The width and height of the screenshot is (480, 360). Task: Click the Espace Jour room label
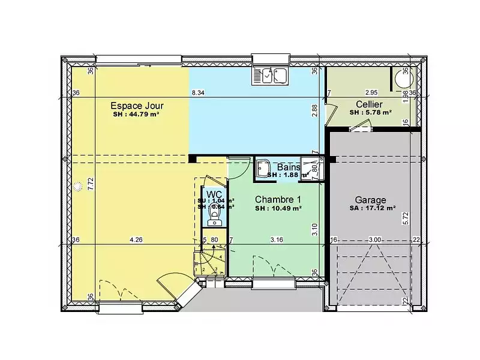click(137, 105)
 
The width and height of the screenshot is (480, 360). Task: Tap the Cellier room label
click(369, 104)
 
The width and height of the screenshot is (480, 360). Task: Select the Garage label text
click(370, 200)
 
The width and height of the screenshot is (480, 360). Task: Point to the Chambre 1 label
click(278, 199)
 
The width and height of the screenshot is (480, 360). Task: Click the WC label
click(214, 194)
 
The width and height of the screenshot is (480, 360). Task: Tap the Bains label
click(289, 167)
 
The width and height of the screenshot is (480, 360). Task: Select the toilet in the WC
click(214, 219)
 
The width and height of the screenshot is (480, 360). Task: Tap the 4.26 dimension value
click(136, 240)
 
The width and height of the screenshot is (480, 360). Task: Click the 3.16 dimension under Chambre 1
click(276, 240)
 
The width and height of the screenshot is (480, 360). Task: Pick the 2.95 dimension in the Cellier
click(371, 92)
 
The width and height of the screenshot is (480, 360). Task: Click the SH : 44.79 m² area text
click(135, 113)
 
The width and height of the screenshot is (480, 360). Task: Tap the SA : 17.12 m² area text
click(373, 209)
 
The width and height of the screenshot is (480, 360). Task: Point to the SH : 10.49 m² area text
click(278, 208)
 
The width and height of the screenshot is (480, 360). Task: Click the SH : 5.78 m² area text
click(370, 112)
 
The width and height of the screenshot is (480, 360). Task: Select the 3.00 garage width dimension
click(374, 240)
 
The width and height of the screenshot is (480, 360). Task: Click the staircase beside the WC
click(210, 261)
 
